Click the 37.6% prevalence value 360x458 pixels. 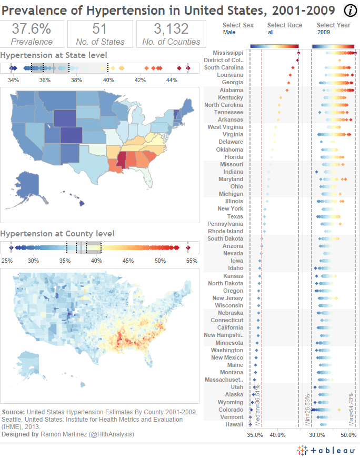click(x=32, y=29)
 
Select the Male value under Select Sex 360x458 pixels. click(x=229, y=32)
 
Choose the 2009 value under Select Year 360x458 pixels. click(x=324, y=32)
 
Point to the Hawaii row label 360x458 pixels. click(x=235, y=424)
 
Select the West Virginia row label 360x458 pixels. click(x=225, y=127)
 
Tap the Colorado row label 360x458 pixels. click(x=231, y=410)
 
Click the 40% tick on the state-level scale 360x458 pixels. click(x=108, y=80)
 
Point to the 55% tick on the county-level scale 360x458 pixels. click(x=192, y=261)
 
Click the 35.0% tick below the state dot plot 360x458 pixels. click(x=255, y=435)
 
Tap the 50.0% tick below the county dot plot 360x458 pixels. click(x=348, y=435)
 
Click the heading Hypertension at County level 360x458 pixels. click(x=57, y=233)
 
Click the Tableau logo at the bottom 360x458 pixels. click(x=325, y=450)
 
